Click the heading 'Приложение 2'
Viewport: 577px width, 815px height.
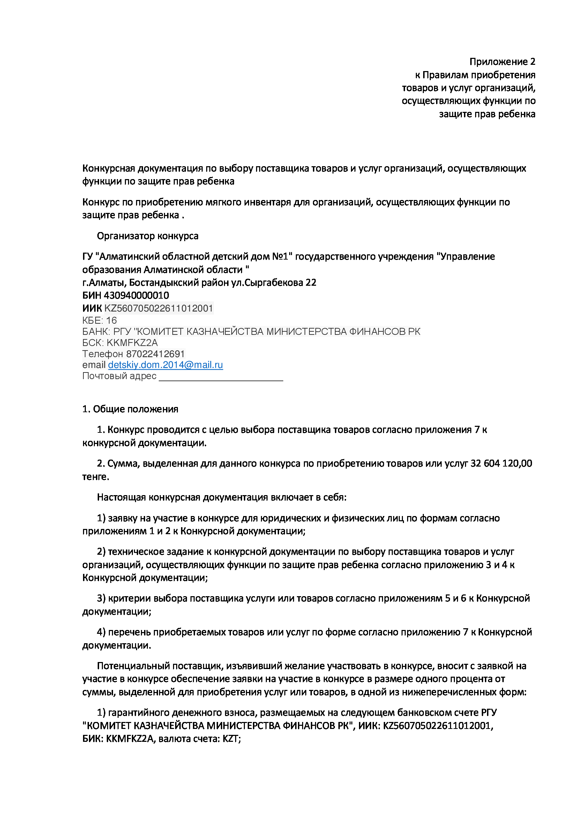pos(502,62)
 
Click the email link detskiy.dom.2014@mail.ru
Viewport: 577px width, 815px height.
pos(165,365)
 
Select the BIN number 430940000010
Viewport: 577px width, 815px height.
pos(136,295)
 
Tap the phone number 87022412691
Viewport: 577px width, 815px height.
pos(155,354)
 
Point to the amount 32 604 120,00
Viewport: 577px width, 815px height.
pos(501,463)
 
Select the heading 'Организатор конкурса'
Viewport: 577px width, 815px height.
pos(148,236)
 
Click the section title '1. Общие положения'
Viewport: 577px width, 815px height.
pos(130,409)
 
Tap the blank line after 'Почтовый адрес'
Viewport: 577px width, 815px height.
pos(220,377)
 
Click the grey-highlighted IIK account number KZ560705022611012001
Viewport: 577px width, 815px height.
pos(158,308)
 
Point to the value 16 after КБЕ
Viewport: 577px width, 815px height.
pos(111,321)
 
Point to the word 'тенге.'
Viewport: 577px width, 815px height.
pos(96,477)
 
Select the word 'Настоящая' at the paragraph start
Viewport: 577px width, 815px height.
pos(121,497)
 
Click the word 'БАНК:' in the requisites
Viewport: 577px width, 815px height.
pos(96,331)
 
